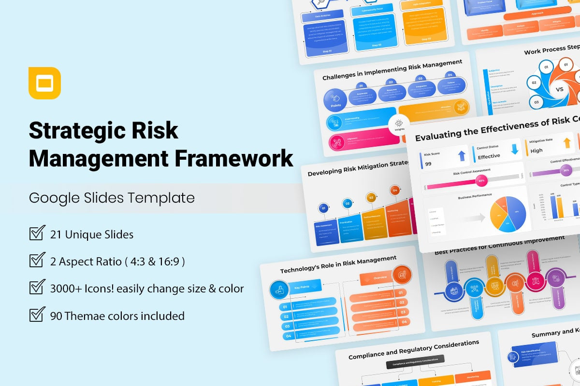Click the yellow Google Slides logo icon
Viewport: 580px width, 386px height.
point(44,83)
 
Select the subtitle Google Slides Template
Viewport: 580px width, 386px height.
point(112,198)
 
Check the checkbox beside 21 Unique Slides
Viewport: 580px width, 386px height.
point(37,234)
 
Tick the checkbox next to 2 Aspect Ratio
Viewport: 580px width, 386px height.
point(37,261)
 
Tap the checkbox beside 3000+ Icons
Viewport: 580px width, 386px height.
point(37,288)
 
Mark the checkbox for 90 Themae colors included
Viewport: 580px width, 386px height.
point(37,316)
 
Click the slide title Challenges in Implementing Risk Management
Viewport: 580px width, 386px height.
point(392,70)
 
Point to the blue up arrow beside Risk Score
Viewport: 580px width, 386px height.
point(462,155)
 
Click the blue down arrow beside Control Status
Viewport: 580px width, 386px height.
point(514,149)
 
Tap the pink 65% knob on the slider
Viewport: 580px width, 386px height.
point(481,181)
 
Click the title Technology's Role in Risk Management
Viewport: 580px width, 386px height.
point(338,265)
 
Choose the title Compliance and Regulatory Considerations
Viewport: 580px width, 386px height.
point(414,350)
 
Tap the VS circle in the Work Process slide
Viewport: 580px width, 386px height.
point(560,89)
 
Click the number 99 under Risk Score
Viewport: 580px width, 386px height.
point(428,164)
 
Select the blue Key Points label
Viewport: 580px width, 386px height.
point(304,288)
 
